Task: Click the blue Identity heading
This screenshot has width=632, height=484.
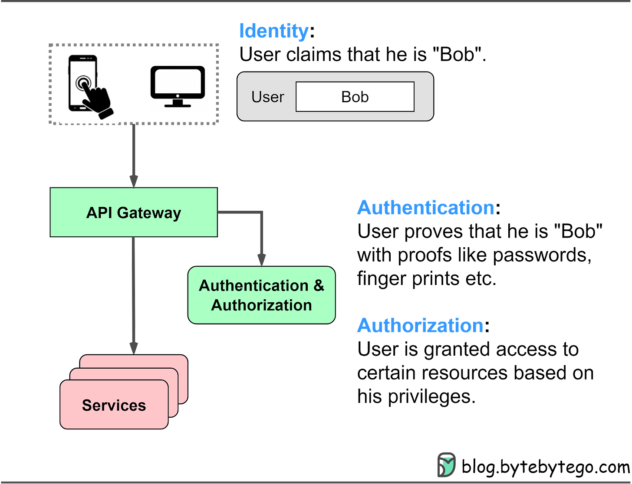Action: pos(273,31)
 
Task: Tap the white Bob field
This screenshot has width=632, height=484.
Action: pos(355,97)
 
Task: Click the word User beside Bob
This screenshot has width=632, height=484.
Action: pos(267,97)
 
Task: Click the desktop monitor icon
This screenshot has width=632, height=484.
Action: pos(178,86)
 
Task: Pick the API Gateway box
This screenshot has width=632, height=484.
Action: pos(134,213)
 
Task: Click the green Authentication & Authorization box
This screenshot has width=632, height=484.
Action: pos(261,295)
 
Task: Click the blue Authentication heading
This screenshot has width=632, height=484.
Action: pos(425,208)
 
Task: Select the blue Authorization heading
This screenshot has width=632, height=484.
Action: pos(419,325)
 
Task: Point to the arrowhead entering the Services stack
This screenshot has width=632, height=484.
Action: pos(134,347)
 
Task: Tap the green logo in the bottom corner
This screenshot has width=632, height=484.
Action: pos(446,465)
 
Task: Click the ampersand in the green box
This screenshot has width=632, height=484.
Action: pos(319,286)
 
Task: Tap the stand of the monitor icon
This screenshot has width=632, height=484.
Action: pos(178,104)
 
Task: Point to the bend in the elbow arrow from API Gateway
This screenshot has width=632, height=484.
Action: pos(261,212)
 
